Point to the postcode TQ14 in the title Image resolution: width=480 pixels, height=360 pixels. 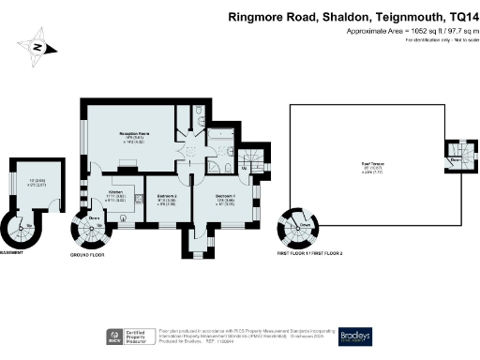point(457,16)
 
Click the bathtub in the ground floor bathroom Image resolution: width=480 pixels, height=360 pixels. point(222,145)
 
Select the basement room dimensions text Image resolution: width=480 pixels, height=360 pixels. point(37,183)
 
